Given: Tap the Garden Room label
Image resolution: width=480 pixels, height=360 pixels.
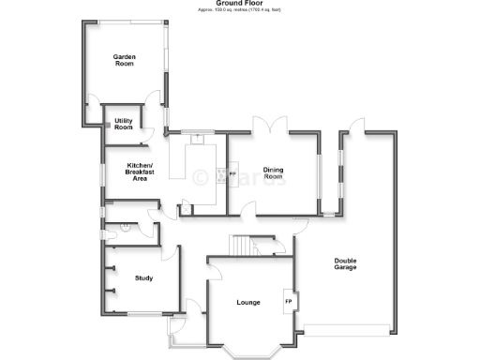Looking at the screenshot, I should pyautogui.click(x=125, y=60).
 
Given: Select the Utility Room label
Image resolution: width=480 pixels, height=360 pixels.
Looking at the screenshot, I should pyautogui.click(x=124, y=124).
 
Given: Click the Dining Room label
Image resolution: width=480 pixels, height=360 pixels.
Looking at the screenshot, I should pyautogui.click(x=273, y=172).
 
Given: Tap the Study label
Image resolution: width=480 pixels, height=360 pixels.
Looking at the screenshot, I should pyautogui.click(x=143, y=277).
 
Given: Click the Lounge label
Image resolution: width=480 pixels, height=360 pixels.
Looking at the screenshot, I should pyautogui.click(x=248, y=302).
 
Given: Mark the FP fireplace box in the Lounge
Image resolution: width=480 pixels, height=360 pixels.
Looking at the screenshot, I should pyautogui.click(x=289, y=301).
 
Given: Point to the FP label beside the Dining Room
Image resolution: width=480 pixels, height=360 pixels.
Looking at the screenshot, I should pyautogui.click(x=232, y=174).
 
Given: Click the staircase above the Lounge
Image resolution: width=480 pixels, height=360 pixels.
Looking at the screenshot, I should pyautogui.click(x=241, y=246).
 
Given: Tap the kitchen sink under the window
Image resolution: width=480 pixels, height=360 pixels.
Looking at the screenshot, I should pyautogui.click(x=197, y=139).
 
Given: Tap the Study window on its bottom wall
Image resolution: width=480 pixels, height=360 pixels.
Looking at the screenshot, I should pyautogui.click(x=147, y=313).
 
